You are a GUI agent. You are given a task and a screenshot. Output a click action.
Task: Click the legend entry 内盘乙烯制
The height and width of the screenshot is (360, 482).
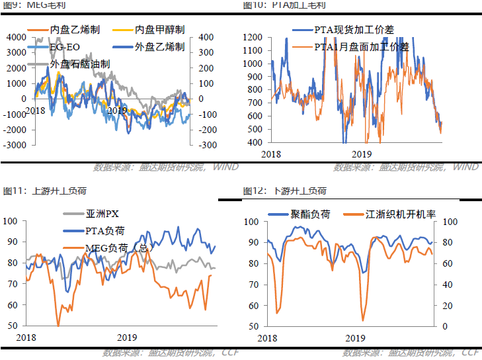75,30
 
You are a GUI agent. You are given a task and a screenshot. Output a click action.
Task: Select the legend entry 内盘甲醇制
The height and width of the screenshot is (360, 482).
159,30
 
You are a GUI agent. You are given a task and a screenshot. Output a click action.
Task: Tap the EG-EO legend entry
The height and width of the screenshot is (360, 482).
65,47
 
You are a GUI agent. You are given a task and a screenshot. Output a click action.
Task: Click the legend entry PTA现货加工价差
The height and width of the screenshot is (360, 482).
355,29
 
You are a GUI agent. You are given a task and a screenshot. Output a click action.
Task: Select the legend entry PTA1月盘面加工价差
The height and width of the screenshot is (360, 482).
361,46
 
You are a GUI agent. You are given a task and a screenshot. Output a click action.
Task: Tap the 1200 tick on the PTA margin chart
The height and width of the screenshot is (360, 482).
253,37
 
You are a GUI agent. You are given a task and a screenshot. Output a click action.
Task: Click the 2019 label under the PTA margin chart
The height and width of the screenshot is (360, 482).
361,154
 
